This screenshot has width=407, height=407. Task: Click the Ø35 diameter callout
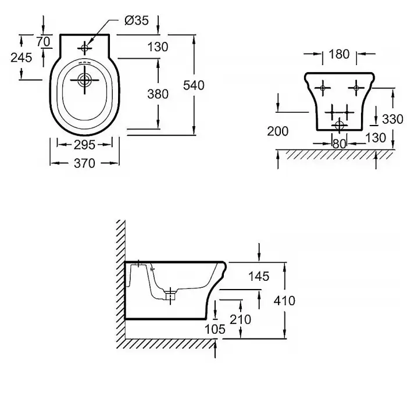137,21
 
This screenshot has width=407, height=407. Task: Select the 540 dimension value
194,85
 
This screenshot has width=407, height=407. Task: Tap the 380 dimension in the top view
158,94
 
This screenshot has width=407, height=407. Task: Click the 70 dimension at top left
42,41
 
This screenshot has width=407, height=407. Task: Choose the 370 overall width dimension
84,164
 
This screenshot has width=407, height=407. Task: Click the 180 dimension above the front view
339,55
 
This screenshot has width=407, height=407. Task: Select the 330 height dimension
392,119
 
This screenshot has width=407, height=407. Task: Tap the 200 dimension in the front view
278,131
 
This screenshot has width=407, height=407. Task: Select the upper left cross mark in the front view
323,88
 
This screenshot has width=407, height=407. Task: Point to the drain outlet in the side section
169,295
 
